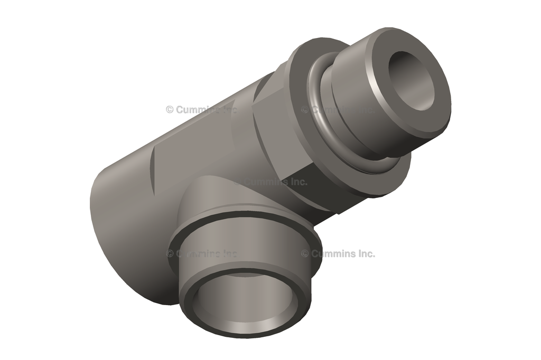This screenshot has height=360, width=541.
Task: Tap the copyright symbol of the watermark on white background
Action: click(305, 253)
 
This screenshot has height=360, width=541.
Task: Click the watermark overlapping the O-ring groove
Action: click(338, 110)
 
